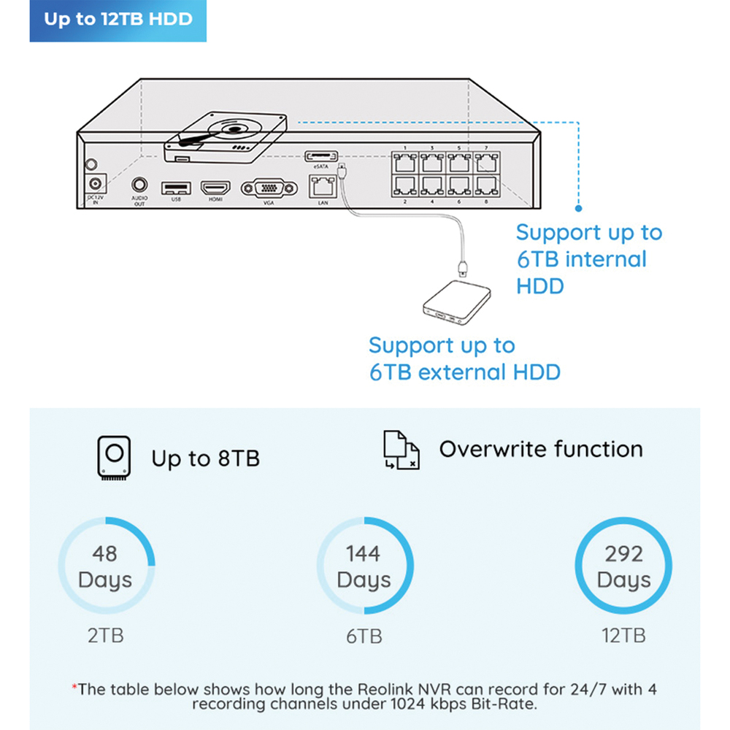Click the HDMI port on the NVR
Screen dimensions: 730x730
pos(215,188)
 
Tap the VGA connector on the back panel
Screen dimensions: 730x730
pos(269,188)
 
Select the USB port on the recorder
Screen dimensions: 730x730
pos(175,188)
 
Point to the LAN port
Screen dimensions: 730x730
pos(323,187)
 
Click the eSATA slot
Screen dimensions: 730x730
pos(322,156)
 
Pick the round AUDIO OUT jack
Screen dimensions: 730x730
pos(139,187)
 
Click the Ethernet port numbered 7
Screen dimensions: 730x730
pos(485,161)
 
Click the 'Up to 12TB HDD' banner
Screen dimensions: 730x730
pos(118,20)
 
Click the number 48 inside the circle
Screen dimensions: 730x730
pos(104,553)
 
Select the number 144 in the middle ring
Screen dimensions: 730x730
pos(364,553)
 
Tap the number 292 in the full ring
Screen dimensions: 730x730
pos(623,553)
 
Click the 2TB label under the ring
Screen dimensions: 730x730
pos(105,635)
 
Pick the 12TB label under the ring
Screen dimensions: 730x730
pos(623,636)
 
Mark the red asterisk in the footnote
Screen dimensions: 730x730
pos(74,687)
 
